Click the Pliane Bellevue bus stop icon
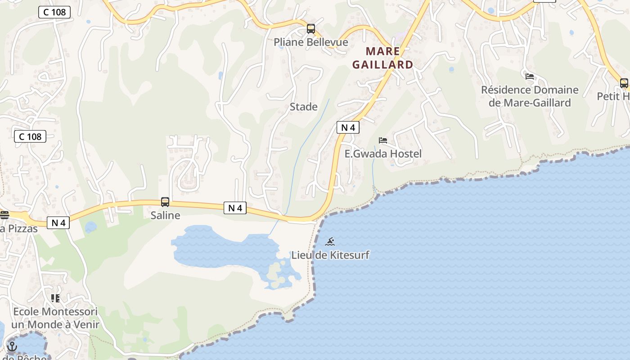(310, 29)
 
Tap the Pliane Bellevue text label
(311, 42)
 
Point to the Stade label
(304, 107)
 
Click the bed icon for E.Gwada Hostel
(383, 140)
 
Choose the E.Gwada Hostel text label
(383, 154)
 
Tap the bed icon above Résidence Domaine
(530, 76)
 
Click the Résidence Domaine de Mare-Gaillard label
(530, 96)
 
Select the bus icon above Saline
(165, 202)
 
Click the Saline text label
(165, 216)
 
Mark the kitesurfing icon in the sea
(330, 242)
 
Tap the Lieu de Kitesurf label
(330, 255)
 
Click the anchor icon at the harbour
(12, 346)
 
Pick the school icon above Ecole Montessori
(55, 298)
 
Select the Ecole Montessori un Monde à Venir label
(55, 318)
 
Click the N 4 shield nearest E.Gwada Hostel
(348, 127)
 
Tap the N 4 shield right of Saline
(235, 208)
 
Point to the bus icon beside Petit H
(624, 83)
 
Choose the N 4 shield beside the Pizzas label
(58, 222)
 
